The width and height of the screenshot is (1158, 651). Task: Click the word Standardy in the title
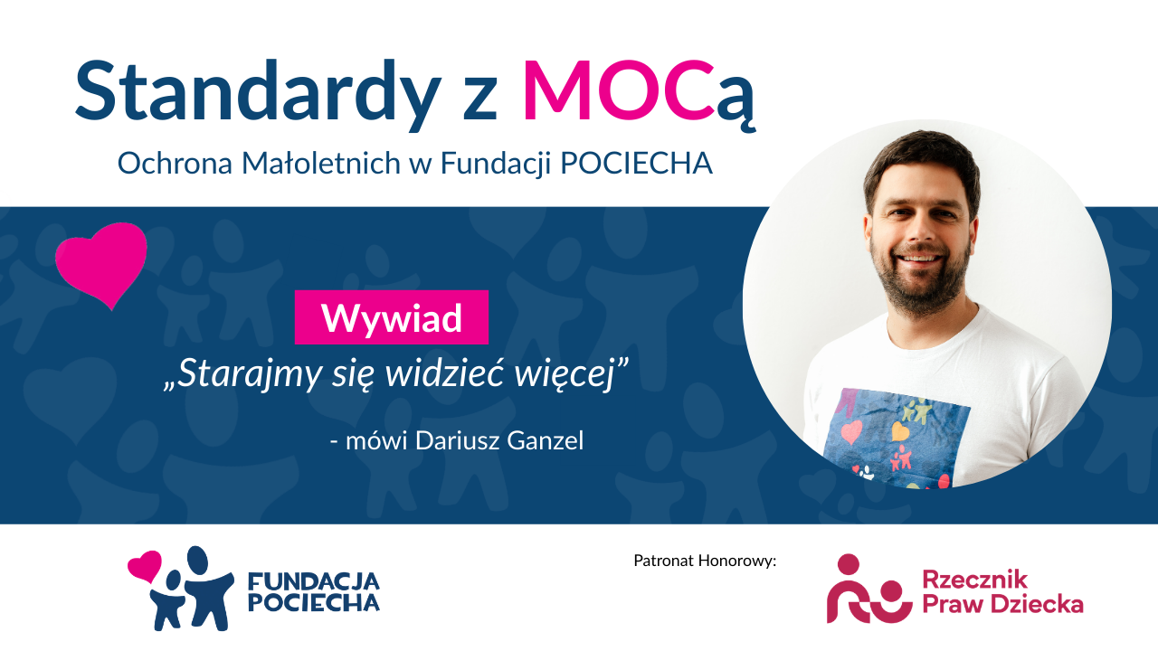[258, 94]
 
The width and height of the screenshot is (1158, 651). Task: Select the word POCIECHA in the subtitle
[637, 164]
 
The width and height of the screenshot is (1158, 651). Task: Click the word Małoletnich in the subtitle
[321, 164]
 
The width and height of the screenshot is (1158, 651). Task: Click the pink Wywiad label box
[392, 317]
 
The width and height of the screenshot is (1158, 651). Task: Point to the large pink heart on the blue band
[103, 262]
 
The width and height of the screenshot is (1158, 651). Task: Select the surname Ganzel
[545, 440]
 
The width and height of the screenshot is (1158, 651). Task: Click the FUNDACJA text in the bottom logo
[314, 581]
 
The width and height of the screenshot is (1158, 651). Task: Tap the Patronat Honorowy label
[705, 561]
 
